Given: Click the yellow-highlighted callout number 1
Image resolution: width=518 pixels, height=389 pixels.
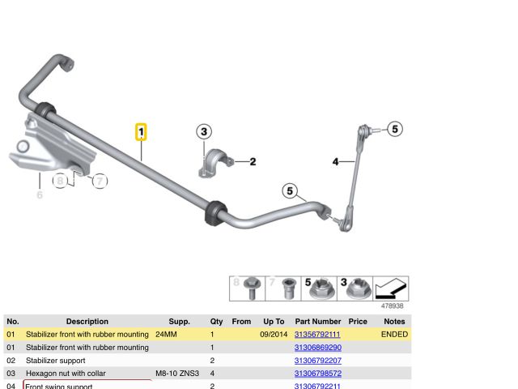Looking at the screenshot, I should (141, 132).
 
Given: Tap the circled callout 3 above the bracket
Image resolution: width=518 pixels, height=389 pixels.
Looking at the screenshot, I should (204, 131).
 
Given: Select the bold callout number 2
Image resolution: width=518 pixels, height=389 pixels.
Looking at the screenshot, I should (253, 162).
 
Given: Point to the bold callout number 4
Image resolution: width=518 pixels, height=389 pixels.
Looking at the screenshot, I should (336, 162).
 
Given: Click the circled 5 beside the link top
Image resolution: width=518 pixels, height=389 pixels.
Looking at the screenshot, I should (394, 129).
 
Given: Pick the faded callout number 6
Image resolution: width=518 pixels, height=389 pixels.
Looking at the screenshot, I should (39, 194).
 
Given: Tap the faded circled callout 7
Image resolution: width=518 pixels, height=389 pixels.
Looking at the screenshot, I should (99, 182).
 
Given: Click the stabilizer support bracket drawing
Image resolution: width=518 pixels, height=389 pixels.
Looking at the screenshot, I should (213, 161).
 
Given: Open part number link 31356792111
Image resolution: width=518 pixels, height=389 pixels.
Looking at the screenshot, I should (317, 334).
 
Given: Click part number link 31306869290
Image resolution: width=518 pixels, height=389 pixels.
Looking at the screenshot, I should (317, 348).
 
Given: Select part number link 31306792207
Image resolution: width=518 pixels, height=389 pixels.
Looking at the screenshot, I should (317, 361).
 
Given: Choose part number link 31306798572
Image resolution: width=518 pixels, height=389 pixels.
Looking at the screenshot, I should (317, 374).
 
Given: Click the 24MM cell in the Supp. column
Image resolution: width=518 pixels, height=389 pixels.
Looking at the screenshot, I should (167, 334).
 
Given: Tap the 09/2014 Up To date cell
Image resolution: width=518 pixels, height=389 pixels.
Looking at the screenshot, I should (274, 334).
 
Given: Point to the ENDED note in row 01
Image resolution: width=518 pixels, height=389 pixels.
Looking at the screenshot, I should (394, 334).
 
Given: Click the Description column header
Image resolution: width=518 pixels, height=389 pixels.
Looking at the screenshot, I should (87, 322).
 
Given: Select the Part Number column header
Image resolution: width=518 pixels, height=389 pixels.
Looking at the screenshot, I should (318, 322).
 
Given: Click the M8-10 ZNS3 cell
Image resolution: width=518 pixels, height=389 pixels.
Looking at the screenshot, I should (177, 374).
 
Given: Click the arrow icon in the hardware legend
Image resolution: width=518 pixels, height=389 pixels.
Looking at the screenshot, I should (392, 289).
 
